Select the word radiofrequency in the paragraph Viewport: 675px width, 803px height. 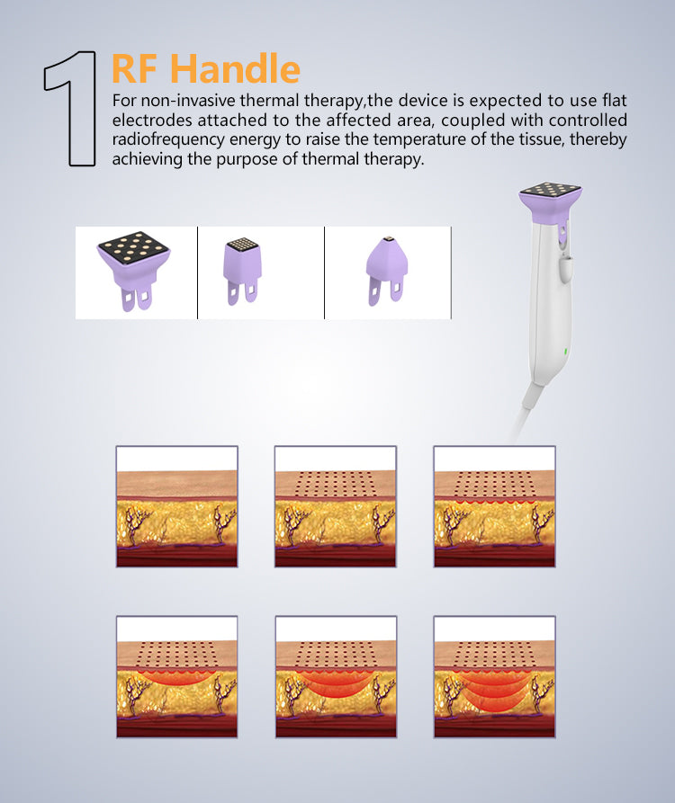(168, 139)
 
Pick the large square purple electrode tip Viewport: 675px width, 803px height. (134, 271)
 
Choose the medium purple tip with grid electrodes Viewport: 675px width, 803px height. (242, 271)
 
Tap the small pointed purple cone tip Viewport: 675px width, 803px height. (386, 271)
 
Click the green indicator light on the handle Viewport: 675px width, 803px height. (566, 351)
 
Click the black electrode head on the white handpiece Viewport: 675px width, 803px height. (551, 190)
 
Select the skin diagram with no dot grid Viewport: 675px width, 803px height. (176, 506)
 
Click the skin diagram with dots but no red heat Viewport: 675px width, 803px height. (336, 506)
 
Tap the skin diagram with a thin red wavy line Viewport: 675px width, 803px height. (495, 506)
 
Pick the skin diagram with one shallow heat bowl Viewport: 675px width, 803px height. (176, 676)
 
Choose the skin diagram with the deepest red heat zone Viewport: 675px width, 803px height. (495, 676)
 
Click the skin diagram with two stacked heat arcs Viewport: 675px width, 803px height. (336, 676)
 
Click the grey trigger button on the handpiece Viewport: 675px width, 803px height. (566, 270)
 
